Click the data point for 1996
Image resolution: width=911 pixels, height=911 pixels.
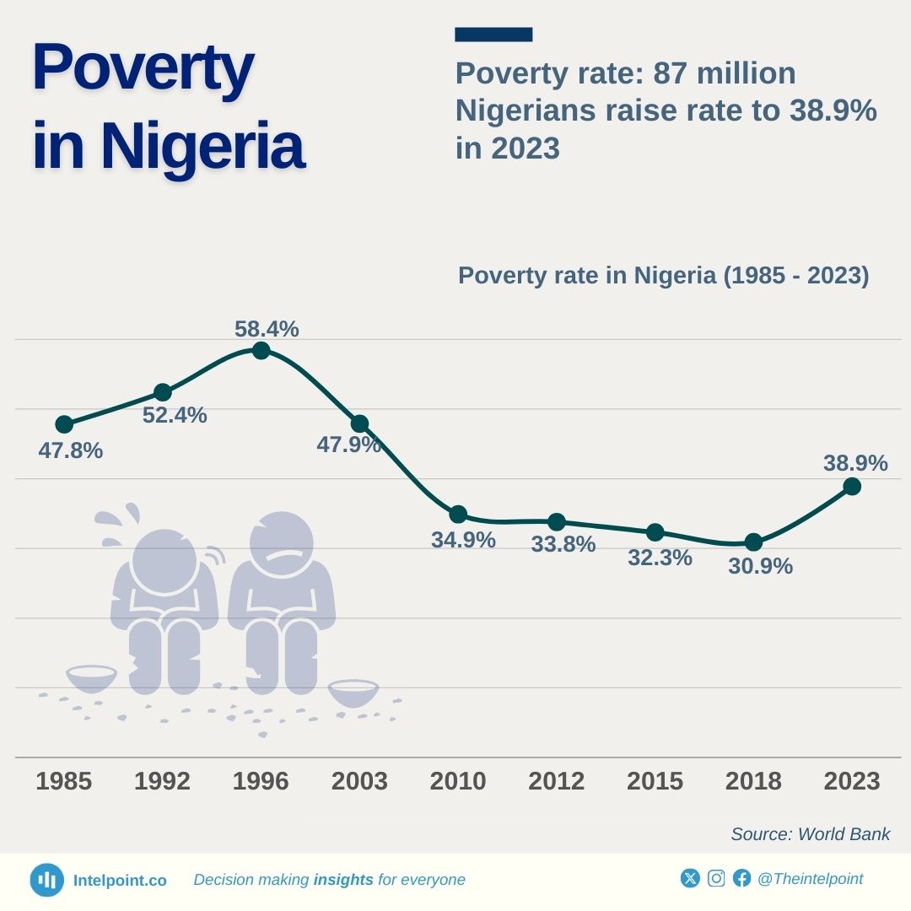point(261,350)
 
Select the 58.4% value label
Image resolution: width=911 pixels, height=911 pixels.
point(267,329)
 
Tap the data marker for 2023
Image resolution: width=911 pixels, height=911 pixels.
point(852,486)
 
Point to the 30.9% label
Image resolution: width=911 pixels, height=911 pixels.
point(760,566)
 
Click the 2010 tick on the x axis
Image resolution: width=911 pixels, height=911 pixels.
point(458,781)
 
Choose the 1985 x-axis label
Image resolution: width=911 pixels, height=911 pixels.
point(64,781)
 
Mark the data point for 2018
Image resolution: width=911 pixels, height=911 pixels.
point(753,542)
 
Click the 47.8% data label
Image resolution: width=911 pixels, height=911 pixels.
point(71,450)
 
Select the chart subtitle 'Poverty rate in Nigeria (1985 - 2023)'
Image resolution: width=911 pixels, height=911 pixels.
point(663,276)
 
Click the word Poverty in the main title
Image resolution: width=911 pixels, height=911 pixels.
point(143,67)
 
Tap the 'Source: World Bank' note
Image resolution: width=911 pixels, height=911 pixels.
point(810,834)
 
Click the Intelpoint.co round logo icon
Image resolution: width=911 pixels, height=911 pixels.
point(47,880)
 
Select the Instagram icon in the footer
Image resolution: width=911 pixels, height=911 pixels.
point(716,878)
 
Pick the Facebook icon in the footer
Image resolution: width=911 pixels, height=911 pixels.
point(741,878)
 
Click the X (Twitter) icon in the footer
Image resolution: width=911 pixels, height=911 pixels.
point(690,878)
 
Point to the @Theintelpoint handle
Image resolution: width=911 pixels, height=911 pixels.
point(810,879)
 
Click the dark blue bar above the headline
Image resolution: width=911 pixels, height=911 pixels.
point(493,35)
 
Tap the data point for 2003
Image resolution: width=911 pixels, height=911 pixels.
point(359,423)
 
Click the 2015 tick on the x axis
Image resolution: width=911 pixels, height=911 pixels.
point(655,781)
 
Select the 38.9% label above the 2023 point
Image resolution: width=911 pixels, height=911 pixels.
point(855,463)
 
